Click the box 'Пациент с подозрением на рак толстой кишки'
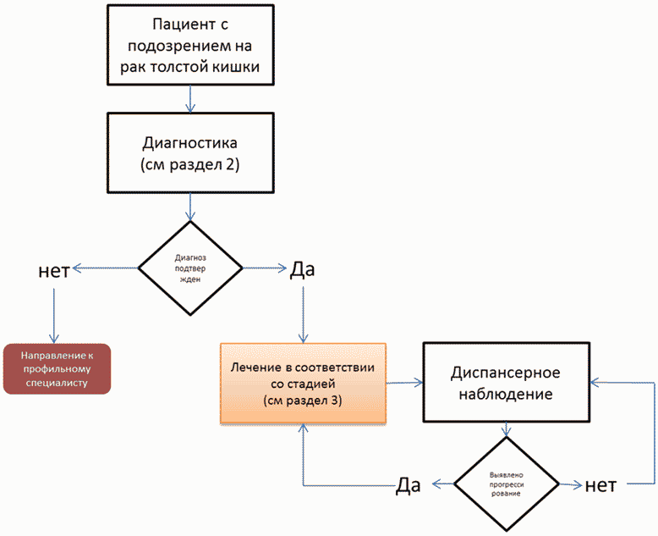point(190,44)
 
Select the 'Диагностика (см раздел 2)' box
point(190,152)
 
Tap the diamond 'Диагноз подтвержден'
point(190,268)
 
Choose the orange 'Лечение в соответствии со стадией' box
point(303,383)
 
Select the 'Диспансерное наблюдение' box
point(507,383)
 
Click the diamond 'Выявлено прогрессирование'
point(507,485)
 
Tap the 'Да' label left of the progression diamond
point(409,485)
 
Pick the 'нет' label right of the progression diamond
point(605,485)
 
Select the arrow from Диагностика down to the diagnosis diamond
point(190,205)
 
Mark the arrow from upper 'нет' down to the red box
point(53,315)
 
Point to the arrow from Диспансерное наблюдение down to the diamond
point(507,430)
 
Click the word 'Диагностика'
point(190,142)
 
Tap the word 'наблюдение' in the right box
point(507,394)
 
